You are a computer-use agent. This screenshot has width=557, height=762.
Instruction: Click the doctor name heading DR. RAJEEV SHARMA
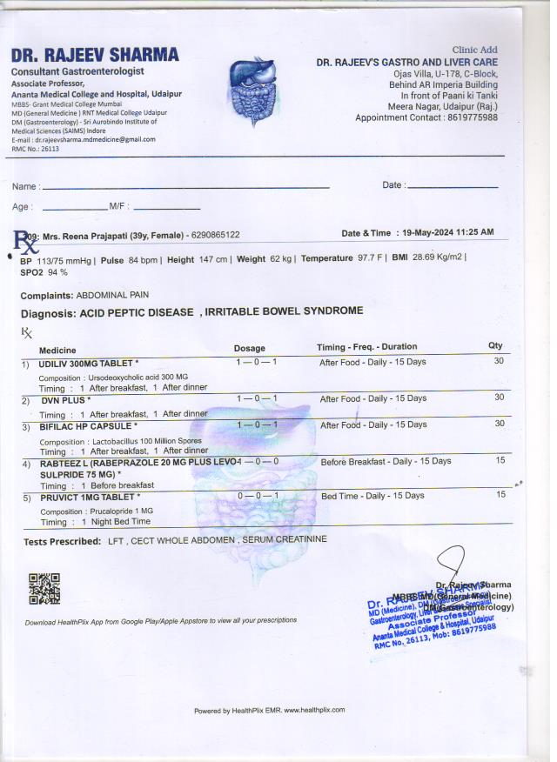pyautogui.click(x=95, y=55)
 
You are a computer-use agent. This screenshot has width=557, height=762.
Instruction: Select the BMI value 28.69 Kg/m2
pyautogui.click(x=440, y=258)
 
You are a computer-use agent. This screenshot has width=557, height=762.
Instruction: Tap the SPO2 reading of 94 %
pyautogui.click(x=57, y=272)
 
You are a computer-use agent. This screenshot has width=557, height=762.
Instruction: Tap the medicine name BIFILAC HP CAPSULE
pyautogui.click(x=87, y=426)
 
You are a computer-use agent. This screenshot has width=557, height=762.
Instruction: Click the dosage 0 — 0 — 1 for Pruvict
pyautogui.click(x=257, y=495)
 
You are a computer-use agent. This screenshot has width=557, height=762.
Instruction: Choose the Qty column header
pyautogui.click(x=495, y=346)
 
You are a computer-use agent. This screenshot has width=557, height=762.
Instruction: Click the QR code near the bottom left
pyautogui.click(x=44, y=589)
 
